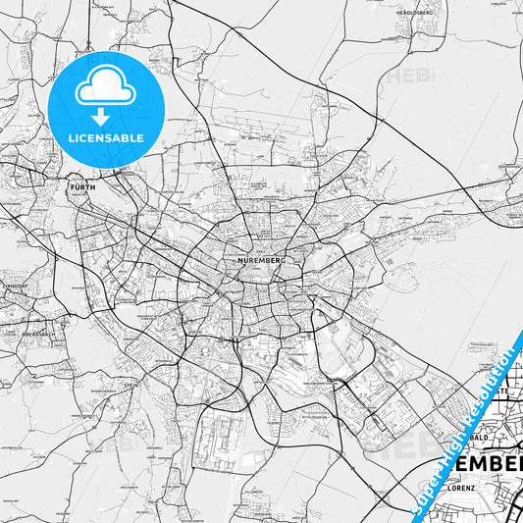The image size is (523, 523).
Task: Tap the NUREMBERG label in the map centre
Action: pyautogui.click(x=260, y=261)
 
